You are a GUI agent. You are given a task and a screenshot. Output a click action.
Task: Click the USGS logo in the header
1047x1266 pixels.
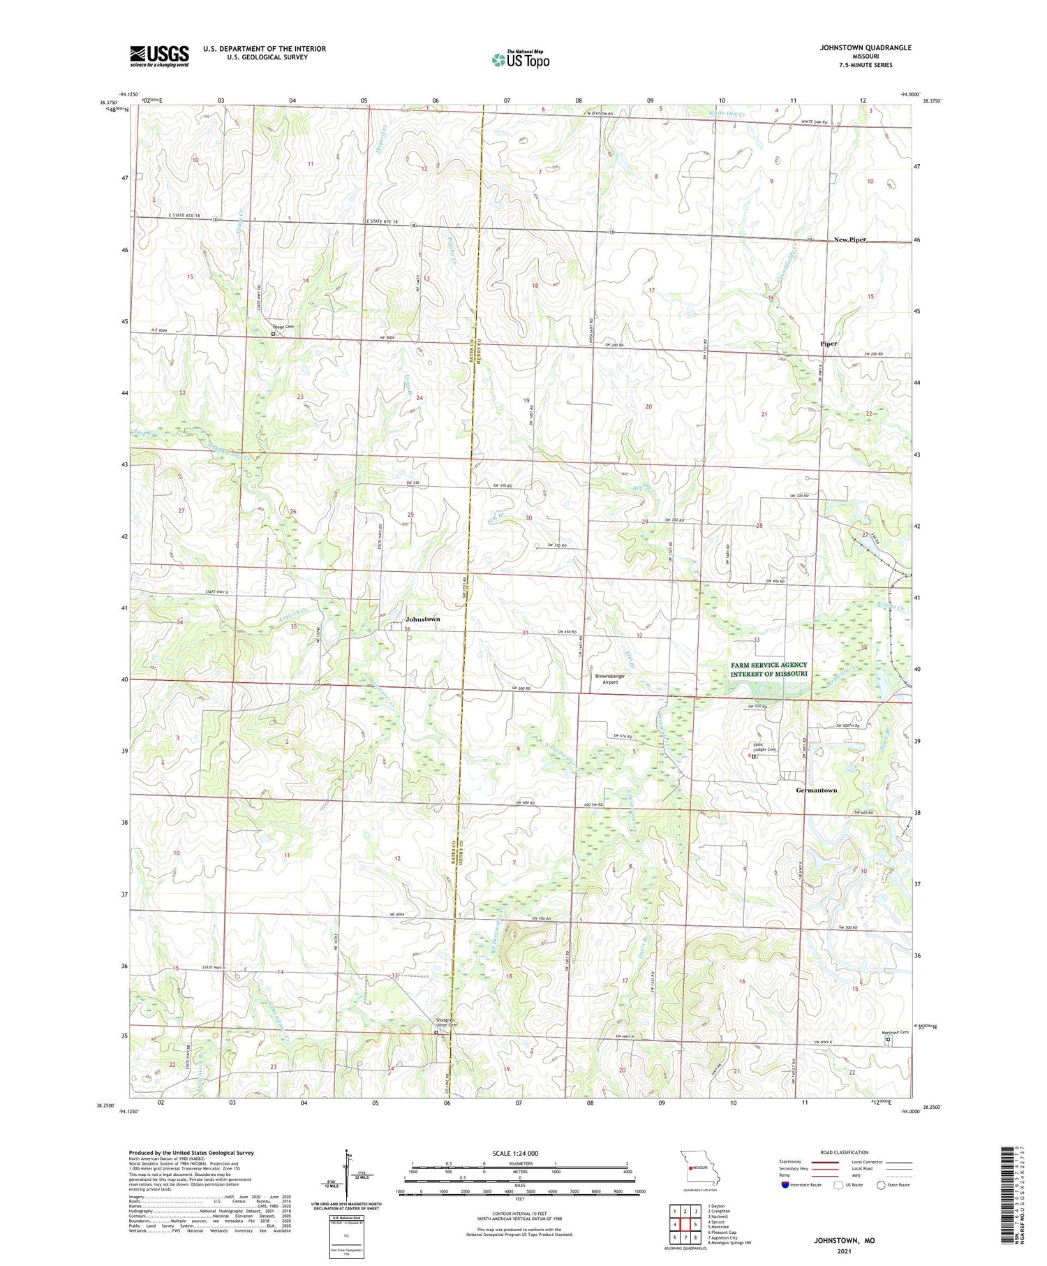coord(159,56)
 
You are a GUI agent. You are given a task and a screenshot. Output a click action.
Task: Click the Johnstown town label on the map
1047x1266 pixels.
coord(422,619)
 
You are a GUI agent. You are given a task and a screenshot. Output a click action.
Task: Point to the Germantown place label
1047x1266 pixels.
coord(816,790)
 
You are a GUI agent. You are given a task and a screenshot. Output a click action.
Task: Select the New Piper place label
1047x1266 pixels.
coord(849,240)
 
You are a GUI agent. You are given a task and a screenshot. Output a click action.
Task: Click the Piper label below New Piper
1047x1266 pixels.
coord(829,344)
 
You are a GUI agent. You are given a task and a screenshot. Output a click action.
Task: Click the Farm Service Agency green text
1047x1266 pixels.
coord(768,669)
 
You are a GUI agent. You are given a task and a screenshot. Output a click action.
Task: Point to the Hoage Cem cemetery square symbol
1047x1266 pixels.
coord(273,334)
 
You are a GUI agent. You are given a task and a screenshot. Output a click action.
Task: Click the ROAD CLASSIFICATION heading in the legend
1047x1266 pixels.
coord(845,1152)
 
